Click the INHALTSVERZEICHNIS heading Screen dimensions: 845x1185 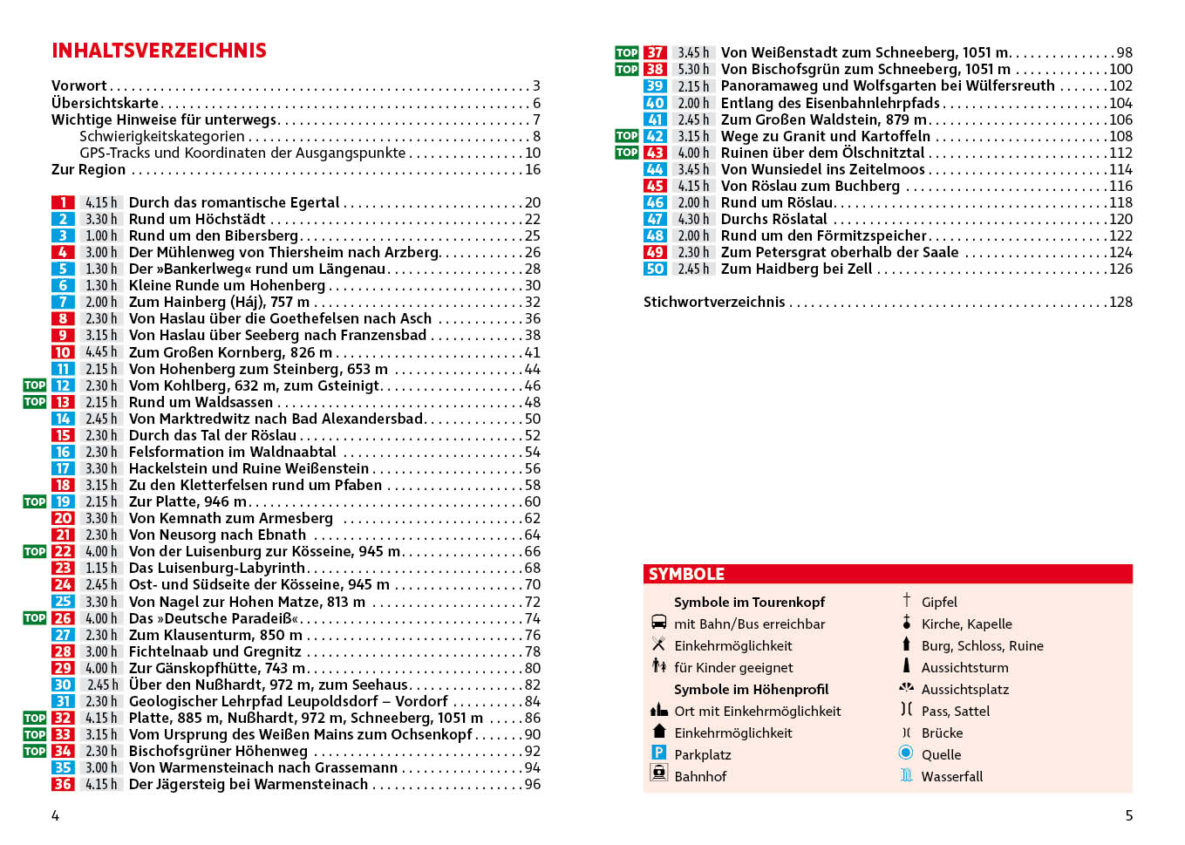point(159,51)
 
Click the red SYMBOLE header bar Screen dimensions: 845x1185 point(888,574)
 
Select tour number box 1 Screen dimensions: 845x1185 point(63,202)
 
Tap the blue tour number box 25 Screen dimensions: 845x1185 point(63,602)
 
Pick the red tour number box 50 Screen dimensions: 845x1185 point(655,269)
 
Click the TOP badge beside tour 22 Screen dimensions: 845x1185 point(35,551)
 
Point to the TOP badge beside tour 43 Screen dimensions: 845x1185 point(626,153)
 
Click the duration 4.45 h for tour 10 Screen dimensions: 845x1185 point(101,352)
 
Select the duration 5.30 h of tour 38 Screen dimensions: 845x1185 point(693,69)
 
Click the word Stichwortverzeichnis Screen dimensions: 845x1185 point(714,302)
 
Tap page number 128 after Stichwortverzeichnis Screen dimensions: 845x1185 point(1120,302)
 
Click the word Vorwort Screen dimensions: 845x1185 point(79,85)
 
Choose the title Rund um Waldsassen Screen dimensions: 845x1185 point(201,402)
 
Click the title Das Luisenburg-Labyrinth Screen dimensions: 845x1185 point(216,568)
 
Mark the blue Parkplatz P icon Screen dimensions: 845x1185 point(659,753)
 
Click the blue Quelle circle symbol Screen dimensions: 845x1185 point(906,753)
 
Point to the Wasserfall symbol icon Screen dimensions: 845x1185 point(906,775)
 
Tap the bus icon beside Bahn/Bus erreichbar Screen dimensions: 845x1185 point(659,623)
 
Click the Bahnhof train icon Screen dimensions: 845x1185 point(659,773)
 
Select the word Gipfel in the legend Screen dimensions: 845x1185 point(939,602)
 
